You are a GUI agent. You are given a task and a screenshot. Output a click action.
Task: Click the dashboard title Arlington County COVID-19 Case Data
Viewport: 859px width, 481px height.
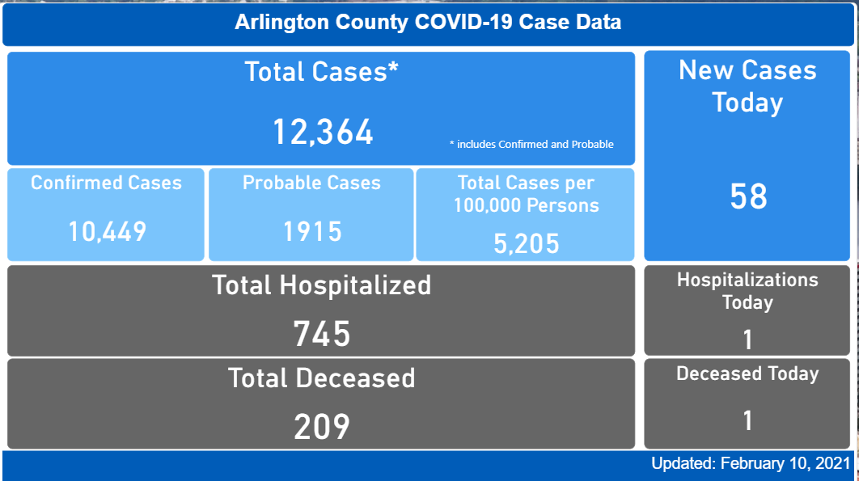428,22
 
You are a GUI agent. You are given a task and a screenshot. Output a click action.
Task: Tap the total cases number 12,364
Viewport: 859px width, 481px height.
322,132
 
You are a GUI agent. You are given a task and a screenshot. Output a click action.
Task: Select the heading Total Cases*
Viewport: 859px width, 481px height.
322,72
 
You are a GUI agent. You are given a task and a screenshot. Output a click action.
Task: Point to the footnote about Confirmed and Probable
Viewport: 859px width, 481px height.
531,145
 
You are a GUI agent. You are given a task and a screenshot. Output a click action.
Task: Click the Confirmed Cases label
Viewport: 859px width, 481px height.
106,183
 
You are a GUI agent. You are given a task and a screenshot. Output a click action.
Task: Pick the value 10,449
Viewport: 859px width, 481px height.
107,232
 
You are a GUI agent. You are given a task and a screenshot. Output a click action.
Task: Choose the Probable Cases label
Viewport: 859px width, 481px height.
311,183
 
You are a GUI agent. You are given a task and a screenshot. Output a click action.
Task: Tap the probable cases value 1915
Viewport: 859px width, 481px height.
312,232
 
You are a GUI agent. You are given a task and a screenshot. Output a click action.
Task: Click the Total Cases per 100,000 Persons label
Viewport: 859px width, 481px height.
527,194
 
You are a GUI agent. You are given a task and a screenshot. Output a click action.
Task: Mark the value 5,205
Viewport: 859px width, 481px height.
527,242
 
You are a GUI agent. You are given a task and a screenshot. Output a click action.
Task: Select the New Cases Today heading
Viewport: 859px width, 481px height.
747,86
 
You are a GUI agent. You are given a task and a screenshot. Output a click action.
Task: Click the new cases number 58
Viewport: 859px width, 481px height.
748,196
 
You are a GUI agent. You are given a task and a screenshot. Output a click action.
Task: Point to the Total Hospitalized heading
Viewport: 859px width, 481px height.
321,285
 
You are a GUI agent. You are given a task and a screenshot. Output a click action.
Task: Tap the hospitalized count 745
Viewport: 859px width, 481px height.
321,333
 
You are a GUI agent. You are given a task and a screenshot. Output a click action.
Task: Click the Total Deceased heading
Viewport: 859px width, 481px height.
321,378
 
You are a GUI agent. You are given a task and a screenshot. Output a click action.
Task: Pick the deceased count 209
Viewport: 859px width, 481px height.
321,427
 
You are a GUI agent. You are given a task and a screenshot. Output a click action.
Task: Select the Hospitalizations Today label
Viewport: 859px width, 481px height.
747,291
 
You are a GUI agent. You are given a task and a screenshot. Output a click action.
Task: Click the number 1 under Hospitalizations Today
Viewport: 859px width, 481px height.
747,340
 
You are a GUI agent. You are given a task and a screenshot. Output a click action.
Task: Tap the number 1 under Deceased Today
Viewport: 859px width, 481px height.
747,420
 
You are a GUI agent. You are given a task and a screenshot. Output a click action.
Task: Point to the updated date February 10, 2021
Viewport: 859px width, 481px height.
751,464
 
